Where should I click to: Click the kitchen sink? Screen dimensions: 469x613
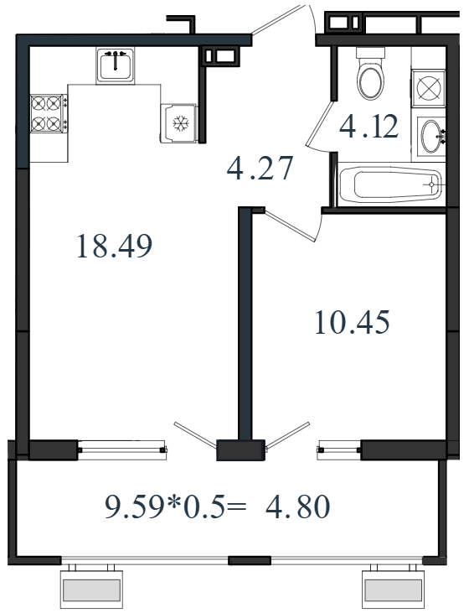(116, 65)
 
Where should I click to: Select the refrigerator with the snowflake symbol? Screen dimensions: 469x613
(178, 123)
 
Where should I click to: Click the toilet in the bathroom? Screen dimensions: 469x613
(371, 74)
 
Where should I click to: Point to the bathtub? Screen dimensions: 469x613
(391, 185)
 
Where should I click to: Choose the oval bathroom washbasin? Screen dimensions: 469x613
(431, 136)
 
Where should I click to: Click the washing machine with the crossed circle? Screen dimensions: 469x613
(429, 88)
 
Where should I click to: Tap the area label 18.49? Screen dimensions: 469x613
(114, 246)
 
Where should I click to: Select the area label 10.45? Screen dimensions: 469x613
(352, 322)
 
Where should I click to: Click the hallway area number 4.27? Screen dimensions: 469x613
(260, 168)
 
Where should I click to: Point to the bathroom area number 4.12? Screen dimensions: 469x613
(369, 126)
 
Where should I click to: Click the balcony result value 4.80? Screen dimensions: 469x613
(297, 507)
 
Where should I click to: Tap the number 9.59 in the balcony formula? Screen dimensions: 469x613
(133, 507)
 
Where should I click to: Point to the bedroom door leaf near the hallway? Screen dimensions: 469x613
(290, 226)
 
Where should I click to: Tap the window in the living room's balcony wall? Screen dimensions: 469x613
(122, 449)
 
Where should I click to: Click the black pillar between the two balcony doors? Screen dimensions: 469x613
(241, 450)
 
